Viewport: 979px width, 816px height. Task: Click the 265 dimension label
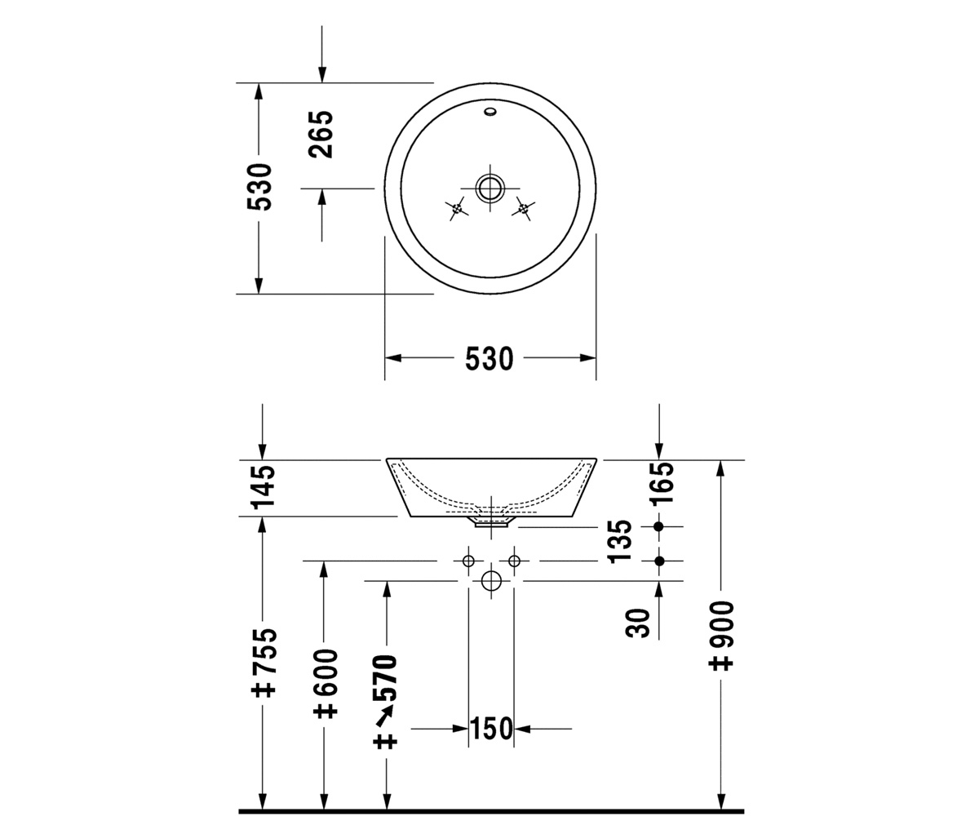[321, 134]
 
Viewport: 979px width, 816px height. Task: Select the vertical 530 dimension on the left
[259, 187]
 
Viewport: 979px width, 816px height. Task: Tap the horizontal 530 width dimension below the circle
[489, 359]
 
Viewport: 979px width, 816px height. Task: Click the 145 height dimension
[263, 487]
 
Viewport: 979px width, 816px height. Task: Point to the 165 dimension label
[662, 484]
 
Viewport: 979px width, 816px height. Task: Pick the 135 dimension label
[619, 541]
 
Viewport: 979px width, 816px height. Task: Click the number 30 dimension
[638, 623]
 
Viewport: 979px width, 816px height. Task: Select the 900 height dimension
[720, 636]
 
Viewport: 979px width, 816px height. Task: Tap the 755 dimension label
[264, 663]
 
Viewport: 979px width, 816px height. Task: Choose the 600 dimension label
[325, 684]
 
